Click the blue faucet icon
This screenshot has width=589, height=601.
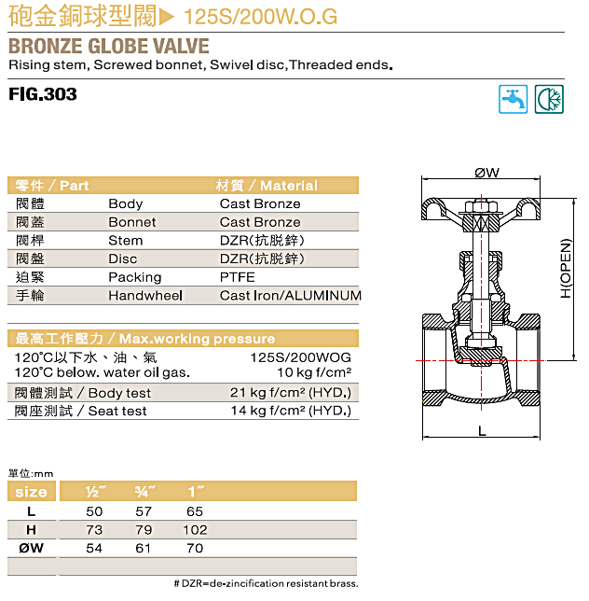click(x=513, y=99)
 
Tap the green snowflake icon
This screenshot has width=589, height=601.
click(x=549, y=99)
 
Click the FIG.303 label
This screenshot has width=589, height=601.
click(x=43, y=94)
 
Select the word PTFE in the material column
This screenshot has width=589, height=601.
click(x=238, y=277)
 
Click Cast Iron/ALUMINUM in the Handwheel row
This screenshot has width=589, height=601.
click(x=291, y=296)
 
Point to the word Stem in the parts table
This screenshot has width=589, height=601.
click(x=126, y=241)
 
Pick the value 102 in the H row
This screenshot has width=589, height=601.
click(x=195, y=530)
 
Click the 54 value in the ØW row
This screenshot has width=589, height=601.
click(x=94, y=548)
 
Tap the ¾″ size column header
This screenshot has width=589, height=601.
click(x=144, y=492)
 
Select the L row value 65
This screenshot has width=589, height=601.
click(x=195, y=511)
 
